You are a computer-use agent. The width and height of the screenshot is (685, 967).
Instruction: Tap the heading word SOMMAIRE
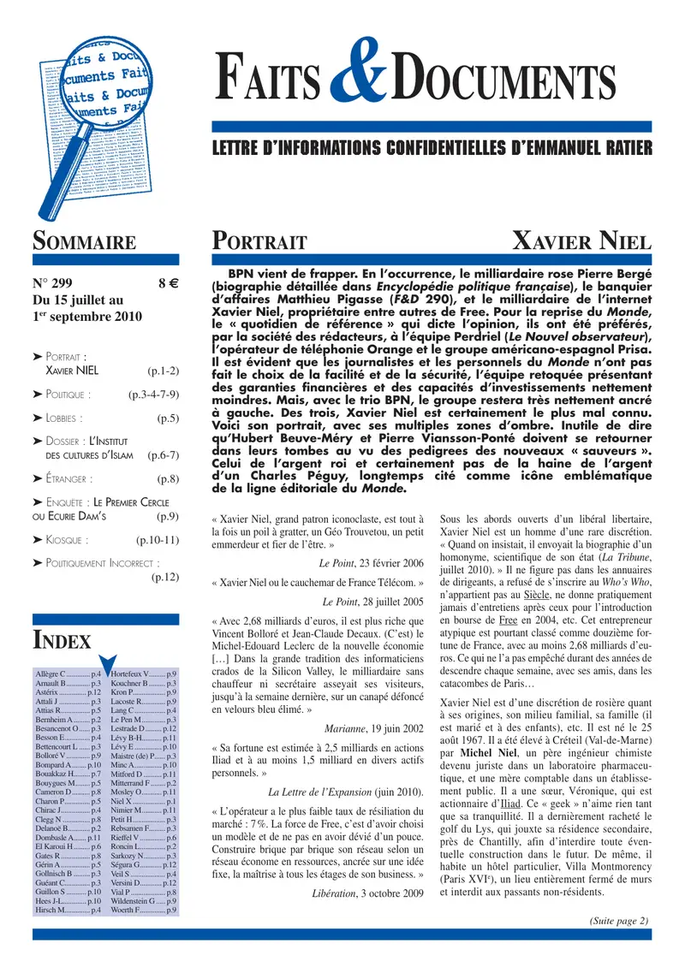(84, 241)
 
